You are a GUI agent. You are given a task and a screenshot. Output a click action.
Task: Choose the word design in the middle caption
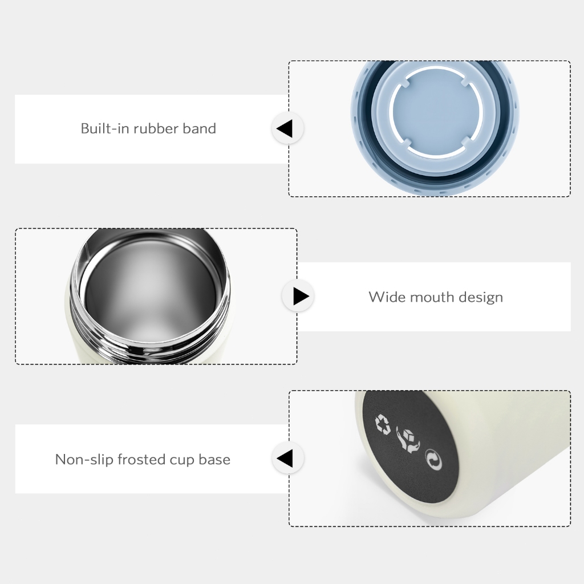(481, 298)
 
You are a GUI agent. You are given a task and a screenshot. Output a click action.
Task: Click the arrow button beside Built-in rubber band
(287, 128)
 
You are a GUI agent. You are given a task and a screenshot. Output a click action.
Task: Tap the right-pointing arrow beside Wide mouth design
(298, 296)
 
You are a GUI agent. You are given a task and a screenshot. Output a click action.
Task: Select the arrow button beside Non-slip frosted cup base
(287, 458)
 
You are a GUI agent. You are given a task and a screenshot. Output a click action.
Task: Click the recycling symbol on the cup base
(383, 424)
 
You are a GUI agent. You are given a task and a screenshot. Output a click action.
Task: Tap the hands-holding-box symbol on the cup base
(407, 440)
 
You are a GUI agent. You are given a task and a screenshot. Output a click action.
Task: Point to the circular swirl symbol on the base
(433, 459)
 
